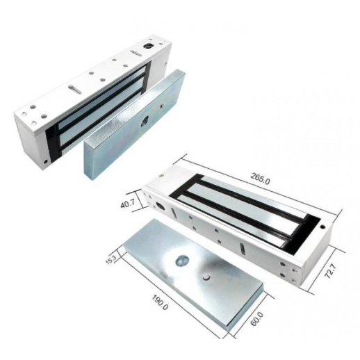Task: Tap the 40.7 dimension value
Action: click(128, 204)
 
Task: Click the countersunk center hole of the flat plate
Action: click(182, 261)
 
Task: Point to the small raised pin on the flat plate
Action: click(208, 276)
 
